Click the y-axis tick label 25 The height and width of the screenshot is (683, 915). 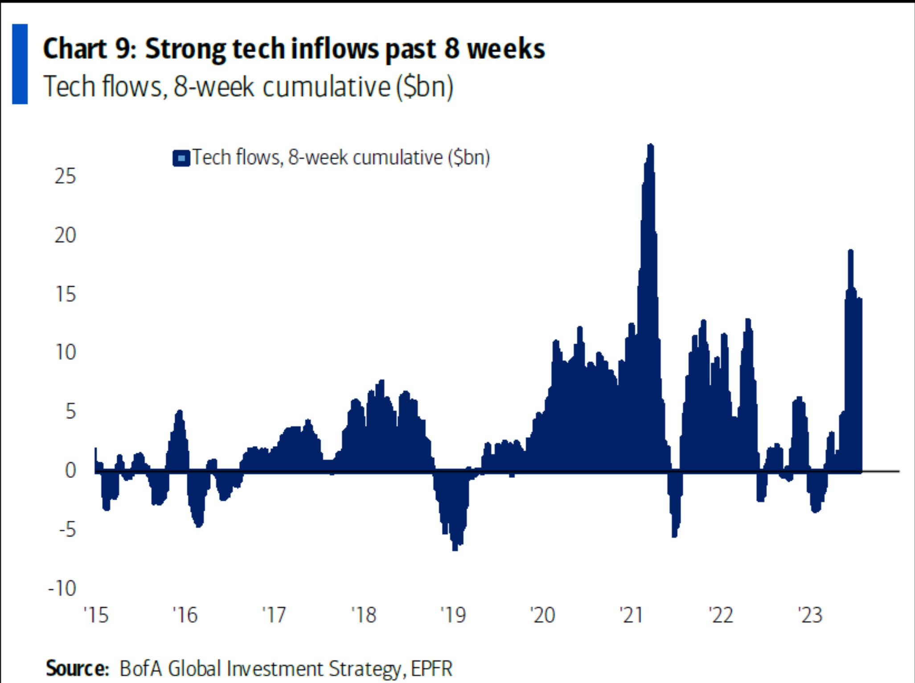point(65,177)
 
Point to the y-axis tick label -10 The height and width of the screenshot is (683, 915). point(62,588)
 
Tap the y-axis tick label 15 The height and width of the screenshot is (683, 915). point(65,295)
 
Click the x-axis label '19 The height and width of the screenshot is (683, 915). point(453,615)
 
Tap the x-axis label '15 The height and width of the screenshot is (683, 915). point(96,615)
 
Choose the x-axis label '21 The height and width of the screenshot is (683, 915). point(631,615)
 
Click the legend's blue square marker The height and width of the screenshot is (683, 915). point(181,158)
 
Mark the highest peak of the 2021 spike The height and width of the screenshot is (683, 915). point(650,145)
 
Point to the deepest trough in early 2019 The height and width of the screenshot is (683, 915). point(455,549)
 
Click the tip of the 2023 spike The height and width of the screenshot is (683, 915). point(850,251)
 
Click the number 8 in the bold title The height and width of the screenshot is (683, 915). point(451,49)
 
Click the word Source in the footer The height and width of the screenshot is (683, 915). point(77,669)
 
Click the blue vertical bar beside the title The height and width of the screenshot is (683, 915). point(20,64)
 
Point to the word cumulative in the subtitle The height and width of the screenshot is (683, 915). point(327,86)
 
